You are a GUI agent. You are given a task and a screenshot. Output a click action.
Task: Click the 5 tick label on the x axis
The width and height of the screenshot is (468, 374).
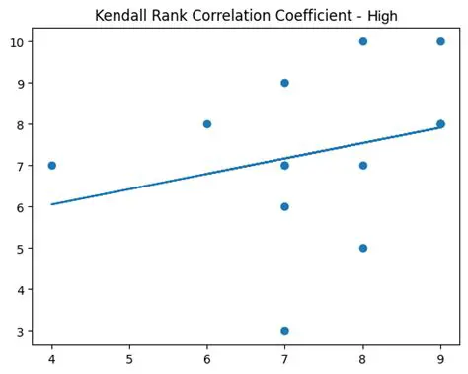coord(129,360)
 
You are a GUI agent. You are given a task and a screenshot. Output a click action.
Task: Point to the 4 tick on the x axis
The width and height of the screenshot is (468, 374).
coord(51,360)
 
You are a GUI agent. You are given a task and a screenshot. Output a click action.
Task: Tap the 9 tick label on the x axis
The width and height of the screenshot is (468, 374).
coord(440,360)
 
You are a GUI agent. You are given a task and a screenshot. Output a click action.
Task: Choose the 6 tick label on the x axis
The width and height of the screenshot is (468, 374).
coord(207,360)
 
